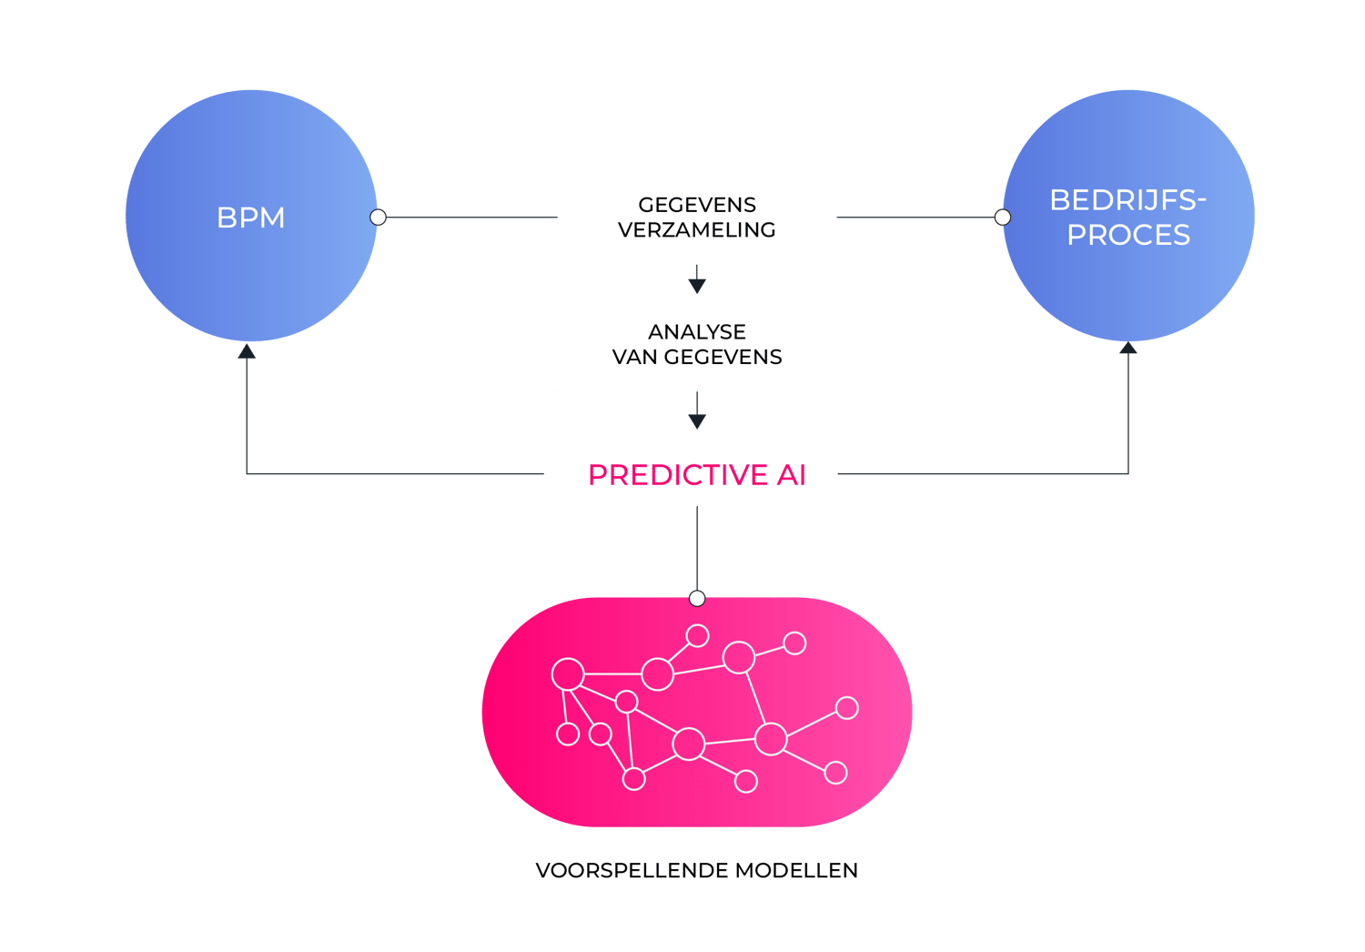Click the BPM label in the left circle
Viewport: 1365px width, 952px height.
251,218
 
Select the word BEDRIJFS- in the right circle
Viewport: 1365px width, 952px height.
1127,200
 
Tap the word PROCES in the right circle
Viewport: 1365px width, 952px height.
1128,235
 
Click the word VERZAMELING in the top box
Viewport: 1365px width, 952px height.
697,230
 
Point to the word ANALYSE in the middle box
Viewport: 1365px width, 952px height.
697,331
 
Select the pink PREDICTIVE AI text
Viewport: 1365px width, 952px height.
696,475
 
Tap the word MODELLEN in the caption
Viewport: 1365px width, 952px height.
796,871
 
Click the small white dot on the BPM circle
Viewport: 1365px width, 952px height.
379,218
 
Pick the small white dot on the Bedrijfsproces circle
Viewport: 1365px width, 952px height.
1003,218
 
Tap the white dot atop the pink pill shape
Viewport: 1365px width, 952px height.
697,598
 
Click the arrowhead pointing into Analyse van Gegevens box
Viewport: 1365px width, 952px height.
697,286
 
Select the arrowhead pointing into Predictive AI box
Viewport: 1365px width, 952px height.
697,421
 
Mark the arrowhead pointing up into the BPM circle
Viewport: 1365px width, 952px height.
247,350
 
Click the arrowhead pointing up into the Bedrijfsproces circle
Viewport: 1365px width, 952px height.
1128,349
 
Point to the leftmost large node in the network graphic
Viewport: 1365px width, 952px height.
568,674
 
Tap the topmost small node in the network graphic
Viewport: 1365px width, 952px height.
698,635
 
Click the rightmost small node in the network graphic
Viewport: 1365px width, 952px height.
847,707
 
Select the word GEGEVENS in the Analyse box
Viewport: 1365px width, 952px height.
723,357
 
